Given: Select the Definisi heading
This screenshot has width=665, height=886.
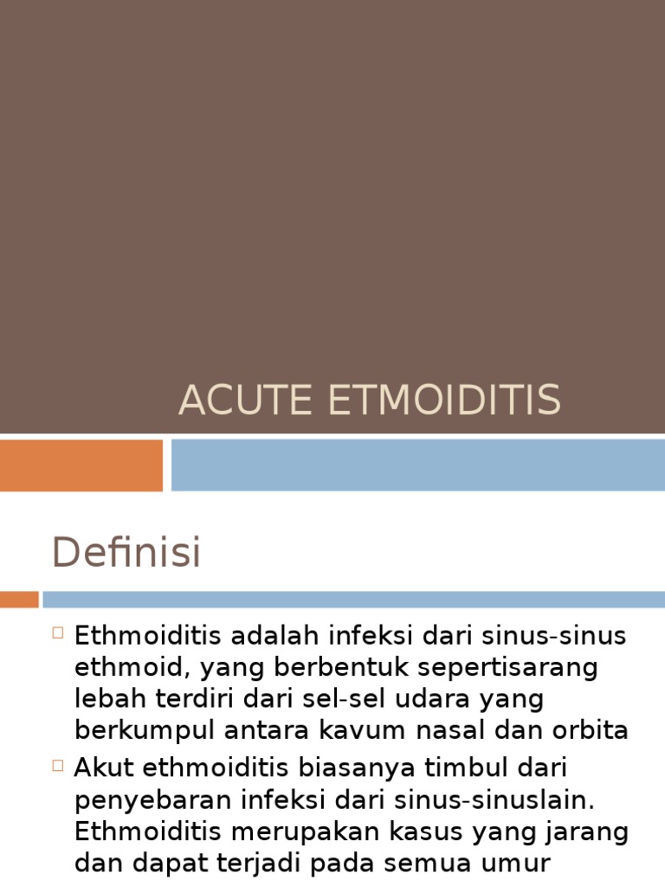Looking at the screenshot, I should pyautogui.click(x=126, y=552).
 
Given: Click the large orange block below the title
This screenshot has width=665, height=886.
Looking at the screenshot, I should pyautogui.click(x=81, y=465).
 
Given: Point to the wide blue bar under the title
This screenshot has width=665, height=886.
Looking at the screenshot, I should pyautogui.click(x=417, y=465).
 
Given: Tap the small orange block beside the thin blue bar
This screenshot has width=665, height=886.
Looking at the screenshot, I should pyautogui.click(x=19, y=599).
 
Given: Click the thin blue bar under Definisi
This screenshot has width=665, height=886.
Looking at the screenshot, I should pyautogui.click(x=353, y=599).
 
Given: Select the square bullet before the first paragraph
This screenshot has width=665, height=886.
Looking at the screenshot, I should pyautogui.click(x=59, y=632).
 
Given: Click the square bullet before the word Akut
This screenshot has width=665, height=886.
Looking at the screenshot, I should pyautogui.click(x=59, y=765).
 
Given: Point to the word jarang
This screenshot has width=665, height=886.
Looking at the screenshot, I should pyautogui.click(x=590, y=831).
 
